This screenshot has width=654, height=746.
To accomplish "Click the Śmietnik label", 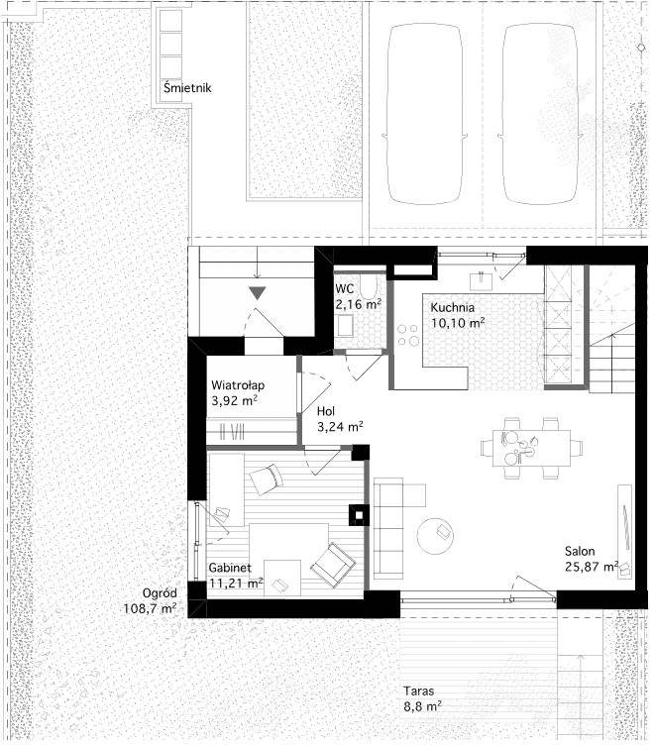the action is point(187,87).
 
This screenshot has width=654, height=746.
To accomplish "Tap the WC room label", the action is point(344,288).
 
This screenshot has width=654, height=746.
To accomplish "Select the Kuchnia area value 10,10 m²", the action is point(458,323).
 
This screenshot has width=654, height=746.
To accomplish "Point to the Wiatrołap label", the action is point(238,385).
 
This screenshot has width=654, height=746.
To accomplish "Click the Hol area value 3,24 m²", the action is point(340,426).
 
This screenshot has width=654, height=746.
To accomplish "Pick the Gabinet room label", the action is point(230,567).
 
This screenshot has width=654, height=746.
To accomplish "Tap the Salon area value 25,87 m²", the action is point(592,566).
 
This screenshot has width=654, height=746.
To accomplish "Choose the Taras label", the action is point(419,691).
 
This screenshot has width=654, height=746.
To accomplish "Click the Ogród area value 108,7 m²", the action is point(150,608).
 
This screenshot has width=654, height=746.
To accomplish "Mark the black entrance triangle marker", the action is point(258,292).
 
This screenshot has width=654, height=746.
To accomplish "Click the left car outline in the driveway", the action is point(424,114).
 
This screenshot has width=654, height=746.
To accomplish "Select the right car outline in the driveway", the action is point(541,114).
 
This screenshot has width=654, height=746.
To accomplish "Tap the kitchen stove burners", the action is point(408,335).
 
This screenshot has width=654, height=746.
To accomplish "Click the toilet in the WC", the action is point(369,288).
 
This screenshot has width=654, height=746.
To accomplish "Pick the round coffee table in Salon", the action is point(435,536).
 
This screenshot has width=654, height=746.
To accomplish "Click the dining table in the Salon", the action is point(531,448).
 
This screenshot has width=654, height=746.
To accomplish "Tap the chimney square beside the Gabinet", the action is point(360,515).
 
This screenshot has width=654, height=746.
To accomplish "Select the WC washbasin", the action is point(345,326).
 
